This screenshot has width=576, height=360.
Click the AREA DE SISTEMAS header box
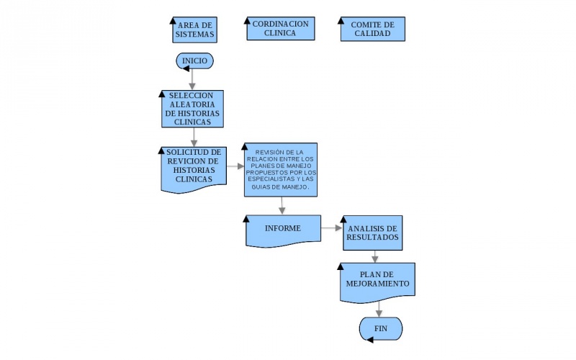tap(194, 30)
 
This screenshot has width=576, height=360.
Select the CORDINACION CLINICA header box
tap(280, 28)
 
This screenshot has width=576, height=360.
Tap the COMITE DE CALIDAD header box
tap(372, 30)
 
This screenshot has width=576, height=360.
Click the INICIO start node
tap(194, 61)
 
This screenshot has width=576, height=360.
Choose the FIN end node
tap(380, 328)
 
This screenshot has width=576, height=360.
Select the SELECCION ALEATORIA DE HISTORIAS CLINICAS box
tap(192, 109)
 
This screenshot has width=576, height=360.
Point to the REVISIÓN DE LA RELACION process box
tap(280, 169)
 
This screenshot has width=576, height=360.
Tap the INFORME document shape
tap(282, 229)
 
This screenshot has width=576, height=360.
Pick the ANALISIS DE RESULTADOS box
tap(372, 233)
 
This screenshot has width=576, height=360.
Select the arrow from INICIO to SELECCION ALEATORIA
tap(192, 79)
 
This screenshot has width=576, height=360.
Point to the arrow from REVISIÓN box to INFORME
tap(282, 205)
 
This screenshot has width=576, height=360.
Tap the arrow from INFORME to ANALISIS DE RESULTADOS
tap(331, 228)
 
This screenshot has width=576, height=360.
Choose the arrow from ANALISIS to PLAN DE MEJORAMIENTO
tap(374, 256)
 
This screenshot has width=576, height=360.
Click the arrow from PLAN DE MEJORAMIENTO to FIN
tap(379, 307)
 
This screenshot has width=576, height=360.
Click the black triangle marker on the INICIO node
tap(185, 68)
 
